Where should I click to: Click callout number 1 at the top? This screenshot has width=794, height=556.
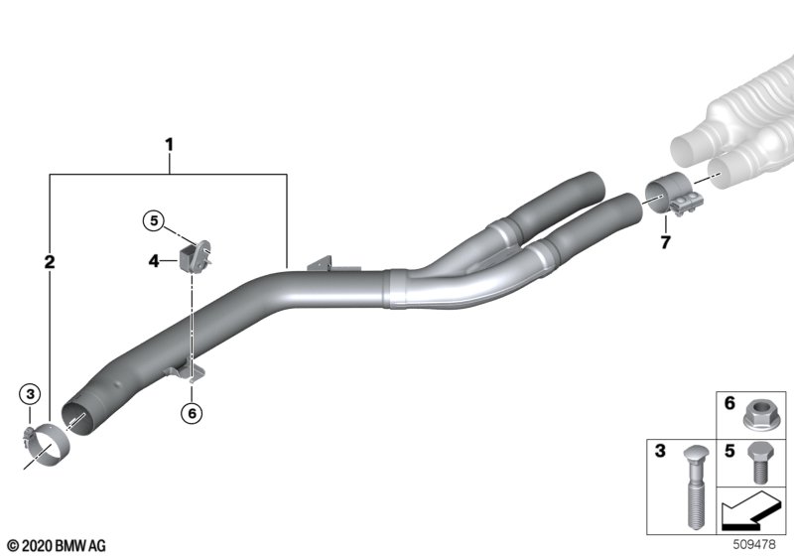[x=169, y=145]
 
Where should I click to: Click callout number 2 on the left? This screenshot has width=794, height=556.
[x=50, y=263]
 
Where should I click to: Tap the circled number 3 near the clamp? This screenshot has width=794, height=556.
[x=31, y=395]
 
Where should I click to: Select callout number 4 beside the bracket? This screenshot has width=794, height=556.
[x=155, y=261]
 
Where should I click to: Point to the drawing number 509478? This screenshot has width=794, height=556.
[x=759, y=544]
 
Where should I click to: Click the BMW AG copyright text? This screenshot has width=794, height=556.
[x=56, y=545]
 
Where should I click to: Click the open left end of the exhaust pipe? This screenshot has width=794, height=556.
[x=77, y=418]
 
